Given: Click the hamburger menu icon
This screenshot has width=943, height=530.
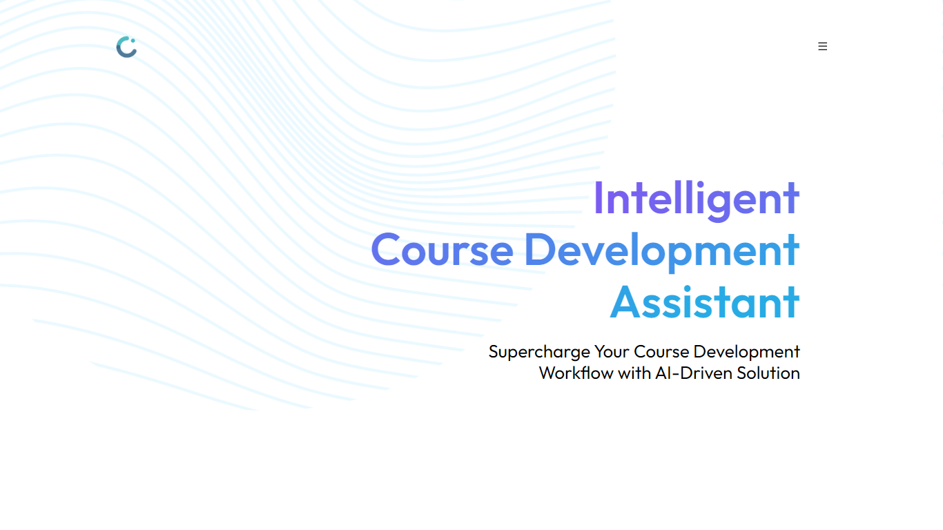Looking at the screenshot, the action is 823,46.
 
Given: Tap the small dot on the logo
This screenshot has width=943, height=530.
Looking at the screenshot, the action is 133,41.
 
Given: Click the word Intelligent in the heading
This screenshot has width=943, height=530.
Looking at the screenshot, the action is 697,199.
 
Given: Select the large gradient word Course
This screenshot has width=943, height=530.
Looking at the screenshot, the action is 442,250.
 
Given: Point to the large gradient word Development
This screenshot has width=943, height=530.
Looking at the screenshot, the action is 662,251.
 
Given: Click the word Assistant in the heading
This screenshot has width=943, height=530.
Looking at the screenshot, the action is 705,302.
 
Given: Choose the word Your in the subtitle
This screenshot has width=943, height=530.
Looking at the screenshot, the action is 612,351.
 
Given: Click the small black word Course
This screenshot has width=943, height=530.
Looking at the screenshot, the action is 661,351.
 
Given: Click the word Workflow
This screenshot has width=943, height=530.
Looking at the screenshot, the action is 576,373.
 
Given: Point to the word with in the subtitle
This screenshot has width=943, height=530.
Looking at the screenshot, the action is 634,373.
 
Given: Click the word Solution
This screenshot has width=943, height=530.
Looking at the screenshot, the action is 768,373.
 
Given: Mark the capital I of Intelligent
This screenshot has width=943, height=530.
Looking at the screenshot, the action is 598,198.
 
